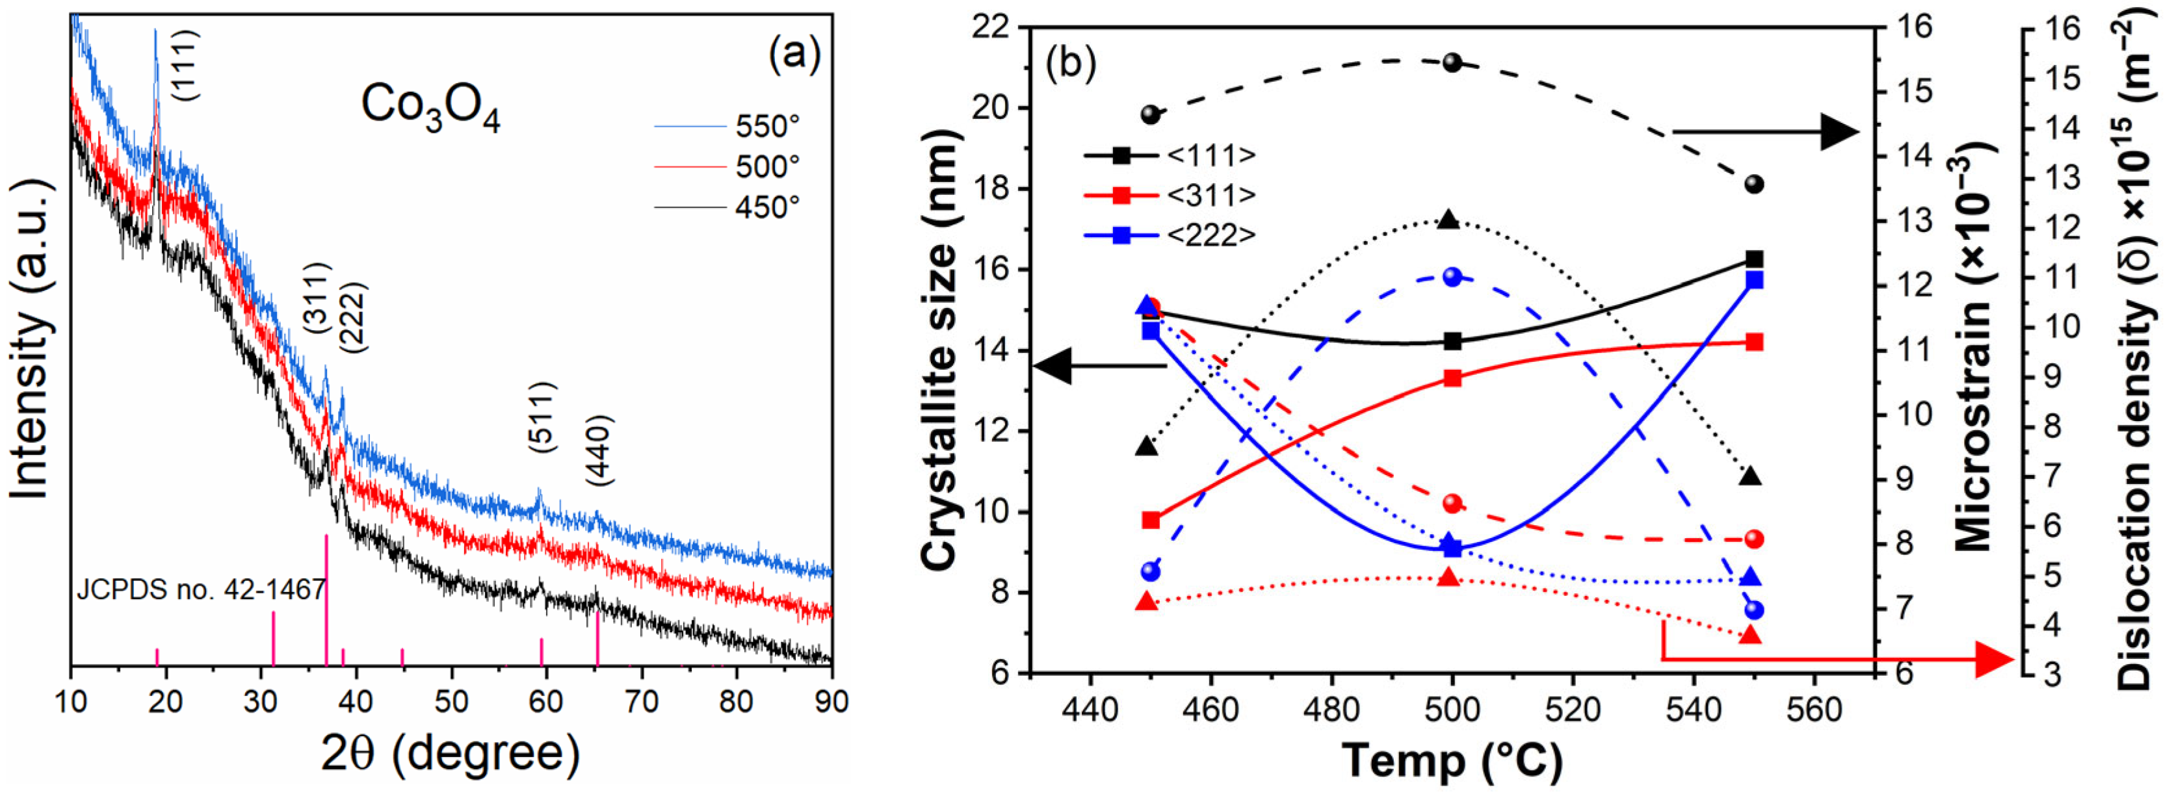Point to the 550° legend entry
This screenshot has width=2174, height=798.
coord(727,127)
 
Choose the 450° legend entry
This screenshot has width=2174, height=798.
coord(727,207)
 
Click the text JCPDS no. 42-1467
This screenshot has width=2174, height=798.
coord(201,589)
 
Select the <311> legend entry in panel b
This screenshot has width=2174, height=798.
coord(1170,195)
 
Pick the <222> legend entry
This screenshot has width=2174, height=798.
coord(1170,235)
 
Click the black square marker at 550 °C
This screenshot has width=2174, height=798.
coord(1755,259)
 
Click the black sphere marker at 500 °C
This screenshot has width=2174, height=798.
coord(1452,62)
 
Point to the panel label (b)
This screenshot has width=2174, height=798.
coord(1070,62)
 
